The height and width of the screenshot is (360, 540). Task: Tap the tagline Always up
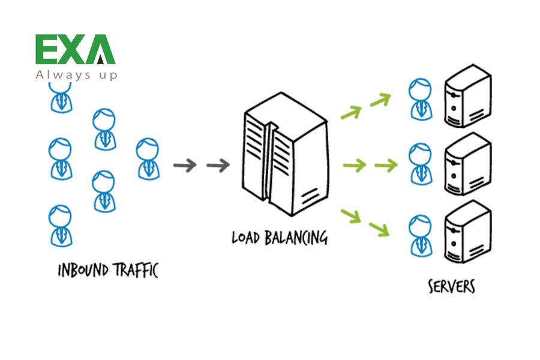coord(76,75)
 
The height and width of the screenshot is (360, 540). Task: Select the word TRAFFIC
coord(134,270)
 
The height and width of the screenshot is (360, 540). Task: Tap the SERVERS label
coord(451,286)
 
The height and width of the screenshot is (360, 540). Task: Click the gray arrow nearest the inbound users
coord(185,166)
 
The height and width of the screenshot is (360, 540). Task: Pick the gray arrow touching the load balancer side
coord(218,166)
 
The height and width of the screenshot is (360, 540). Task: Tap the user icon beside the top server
coord(420,98)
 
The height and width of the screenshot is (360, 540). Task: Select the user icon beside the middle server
coord(420,163)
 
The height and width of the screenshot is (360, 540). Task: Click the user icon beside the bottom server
coord(420,235)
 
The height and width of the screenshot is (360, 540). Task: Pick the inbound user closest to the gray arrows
coord(147,158)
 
